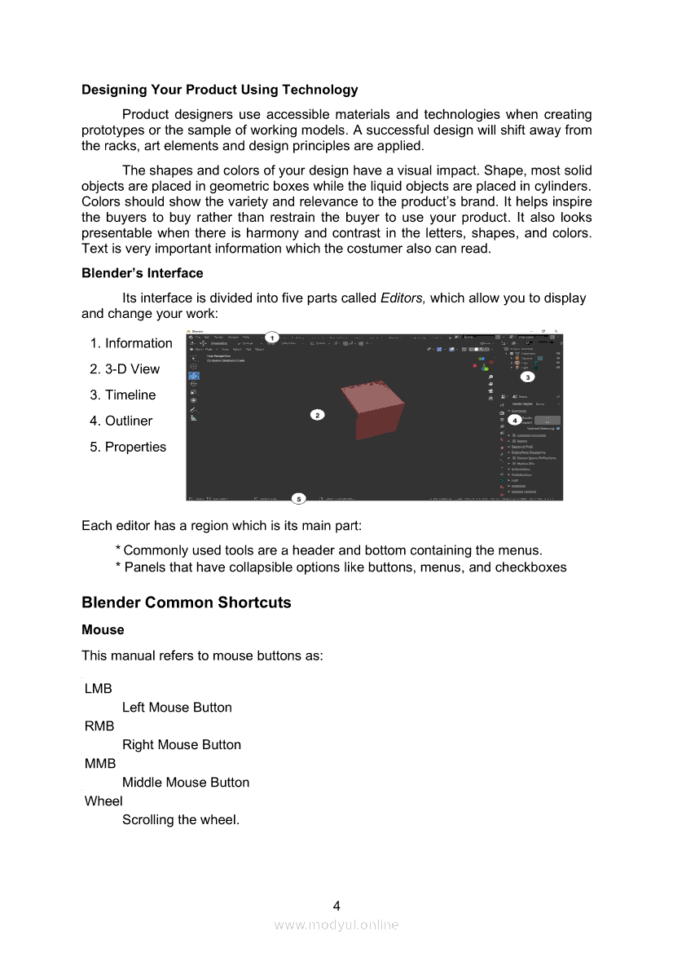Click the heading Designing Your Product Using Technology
tap(219, 90)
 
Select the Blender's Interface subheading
tap(142, 273)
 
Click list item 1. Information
tap(131, 343)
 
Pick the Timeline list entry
tap(122, 395)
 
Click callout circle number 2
tap(319, 415)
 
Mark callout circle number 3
tap(528, 377)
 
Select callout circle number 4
tap(515, 419)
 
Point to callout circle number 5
tap(299, 498)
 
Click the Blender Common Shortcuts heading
tap(186, 603)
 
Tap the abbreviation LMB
tap(99, 689)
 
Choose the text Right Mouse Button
tap(182, 745)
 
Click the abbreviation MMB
tap(100, 764)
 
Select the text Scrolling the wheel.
tap(181, 820)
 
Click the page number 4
tap(336, 906)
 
